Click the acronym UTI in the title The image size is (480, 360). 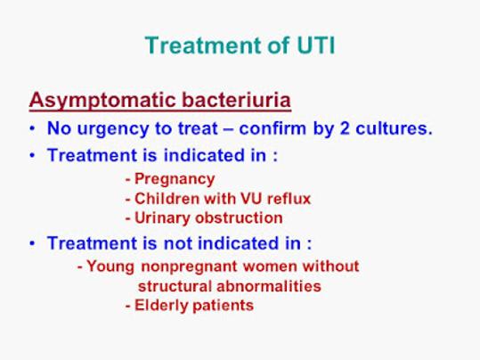coord(315,45)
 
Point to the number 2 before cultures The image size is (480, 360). coord(345,128)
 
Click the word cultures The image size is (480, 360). coord(394,128)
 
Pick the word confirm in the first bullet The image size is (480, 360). coord(273,128)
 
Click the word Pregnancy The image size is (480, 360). coord(175,179)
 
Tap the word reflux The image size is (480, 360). coord(289,199)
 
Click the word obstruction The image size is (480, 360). coord(239,217)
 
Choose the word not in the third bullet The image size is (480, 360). coord(177,243)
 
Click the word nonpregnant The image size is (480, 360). coord(189,266)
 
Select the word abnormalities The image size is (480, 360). coord(269,286)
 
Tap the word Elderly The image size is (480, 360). coord(161,306)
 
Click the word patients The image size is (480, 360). coord(224,306)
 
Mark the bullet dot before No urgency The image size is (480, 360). coord(32,128)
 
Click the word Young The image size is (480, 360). coord(110,266)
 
